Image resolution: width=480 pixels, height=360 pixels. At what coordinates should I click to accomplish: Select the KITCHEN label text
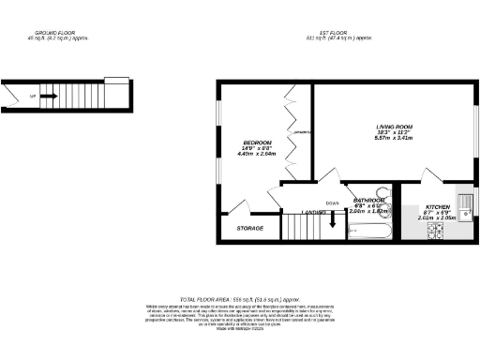click(437, 206)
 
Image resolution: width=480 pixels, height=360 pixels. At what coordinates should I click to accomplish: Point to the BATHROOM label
click(367, 200)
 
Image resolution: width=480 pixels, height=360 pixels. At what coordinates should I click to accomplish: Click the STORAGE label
click(249, 228)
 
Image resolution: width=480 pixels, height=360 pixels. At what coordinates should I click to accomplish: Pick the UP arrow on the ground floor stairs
click(51, 96)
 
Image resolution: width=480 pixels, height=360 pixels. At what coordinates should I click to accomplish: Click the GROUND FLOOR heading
click(63, 34)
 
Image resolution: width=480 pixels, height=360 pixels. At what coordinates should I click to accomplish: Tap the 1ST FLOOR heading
click(349, 34)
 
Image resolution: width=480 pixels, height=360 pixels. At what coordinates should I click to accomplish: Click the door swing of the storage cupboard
click(239, 209)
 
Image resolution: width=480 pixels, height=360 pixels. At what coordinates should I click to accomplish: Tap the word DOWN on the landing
click(332, 203)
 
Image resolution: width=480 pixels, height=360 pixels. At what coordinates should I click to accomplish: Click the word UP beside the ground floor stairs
click(34, 96)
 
